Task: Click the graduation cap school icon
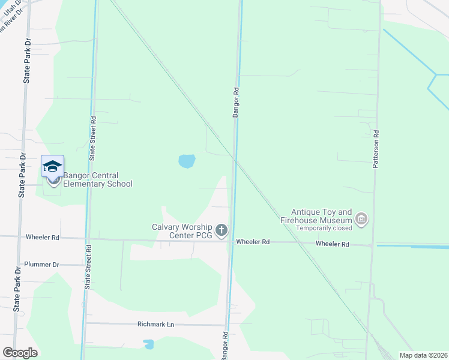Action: pyautogui.click(x=52, y=166)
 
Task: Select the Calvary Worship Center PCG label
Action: pyautogui.click(x=182, y=230)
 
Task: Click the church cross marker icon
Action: pyautogui.click(x=221, y=230)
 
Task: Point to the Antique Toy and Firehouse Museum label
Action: pyautogui.click(x=321, y=216)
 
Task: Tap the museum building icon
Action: pyautogui.click(x=361, y=220)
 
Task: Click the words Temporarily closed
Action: pyautogui.click(x=321, y=229)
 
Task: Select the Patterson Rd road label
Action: pyautogui.click(x=376, y=150)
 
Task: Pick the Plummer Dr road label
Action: pyautogui.click(x=42, y=265)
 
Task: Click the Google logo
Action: pyautogui.click(x=20, y=353)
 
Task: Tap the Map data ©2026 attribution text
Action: pyautogui.click(x=423, y=355)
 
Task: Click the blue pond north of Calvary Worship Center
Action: pyautogui.click(x=187, y=161)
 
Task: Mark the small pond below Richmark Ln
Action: pyautogui.click(x=148, y=344)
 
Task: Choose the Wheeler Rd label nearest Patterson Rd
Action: pyautogui.click(x=333, y=244)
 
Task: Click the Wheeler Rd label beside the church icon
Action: pyautogui.click(x=253, y=242)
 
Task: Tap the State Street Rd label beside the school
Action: pyautogui.click(x=93, y=139)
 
